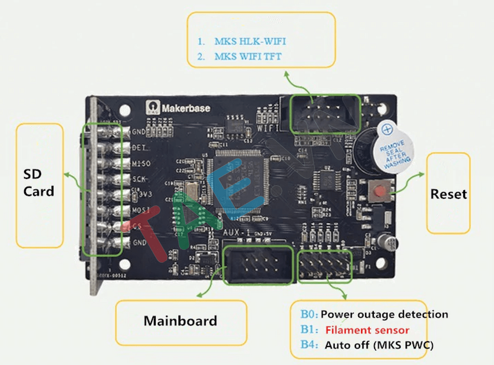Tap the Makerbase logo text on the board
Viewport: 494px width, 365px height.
point(186,109)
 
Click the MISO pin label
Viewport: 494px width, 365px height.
point(141,164)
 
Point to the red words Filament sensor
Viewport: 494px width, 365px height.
point(367,330)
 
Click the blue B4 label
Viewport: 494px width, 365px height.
point(308,345)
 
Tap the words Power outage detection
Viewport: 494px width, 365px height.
point(384,315)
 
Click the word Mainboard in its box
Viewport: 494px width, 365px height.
point(180,321)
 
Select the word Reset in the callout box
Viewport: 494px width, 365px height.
point(448,194)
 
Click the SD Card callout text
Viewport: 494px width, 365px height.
point(38,183)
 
